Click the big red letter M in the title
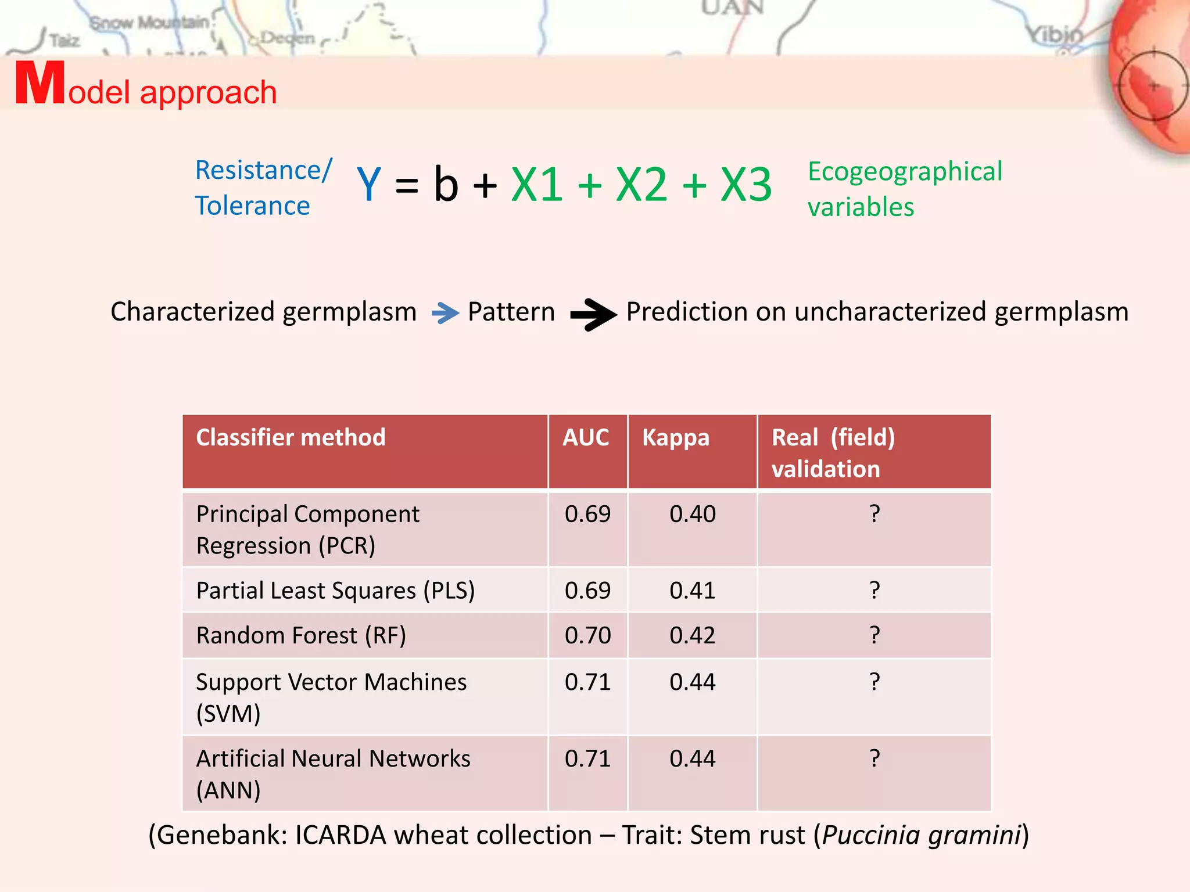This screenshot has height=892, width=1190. click(x=40, y=84)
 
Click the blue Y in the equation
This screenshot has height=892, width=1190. click(x=369, y=185)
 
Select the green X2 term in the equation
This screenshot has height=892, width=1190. click(x=641, y=185)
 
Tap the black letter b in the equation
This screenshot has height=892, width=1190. click(x=446, y=185)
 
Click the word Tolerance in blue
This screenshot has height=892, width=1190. click(x=252, y=206)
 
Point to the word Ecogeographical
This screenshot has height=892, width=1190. click(x=905, y=172)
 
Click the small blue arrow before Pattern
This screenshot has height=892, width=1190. click(x=445, y=313)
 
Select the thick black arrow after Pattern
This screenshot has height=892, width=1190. click(x=593, y=314)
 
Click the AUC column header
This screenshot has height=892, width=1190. click(x=586, y=437)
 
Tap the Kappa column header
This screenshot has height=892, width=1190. click(x=676, y=438)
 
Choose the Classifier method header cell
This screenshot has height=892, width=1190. click(x=291, y=437)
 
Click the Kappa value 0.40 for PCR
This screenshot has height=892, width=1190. click(x=692, y=514)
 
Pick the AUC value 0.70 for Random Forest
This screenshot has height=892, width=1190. click(x=587, y=635)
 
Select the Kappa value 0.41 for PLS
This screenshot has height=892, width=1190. click(x=692, y=591)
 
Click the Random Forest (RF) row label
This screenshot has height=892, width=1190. click(x=301, y=635)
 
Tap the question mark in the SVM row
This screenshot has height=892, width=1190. click(x=874, y=681)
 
